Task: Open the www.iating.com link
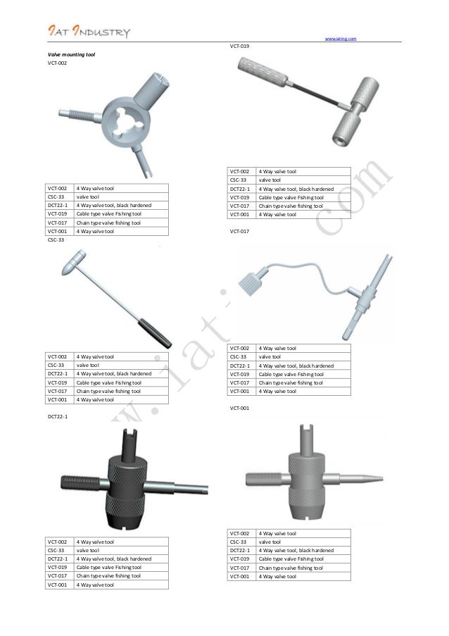click(341, 38)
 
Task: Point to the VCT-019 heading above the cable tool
click(241, 46)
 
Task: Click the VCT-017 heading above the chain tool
click(241, 231)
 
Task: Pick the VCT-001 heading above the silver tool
click(241, 408)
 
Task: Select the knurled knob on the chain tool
click(252, 283)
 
